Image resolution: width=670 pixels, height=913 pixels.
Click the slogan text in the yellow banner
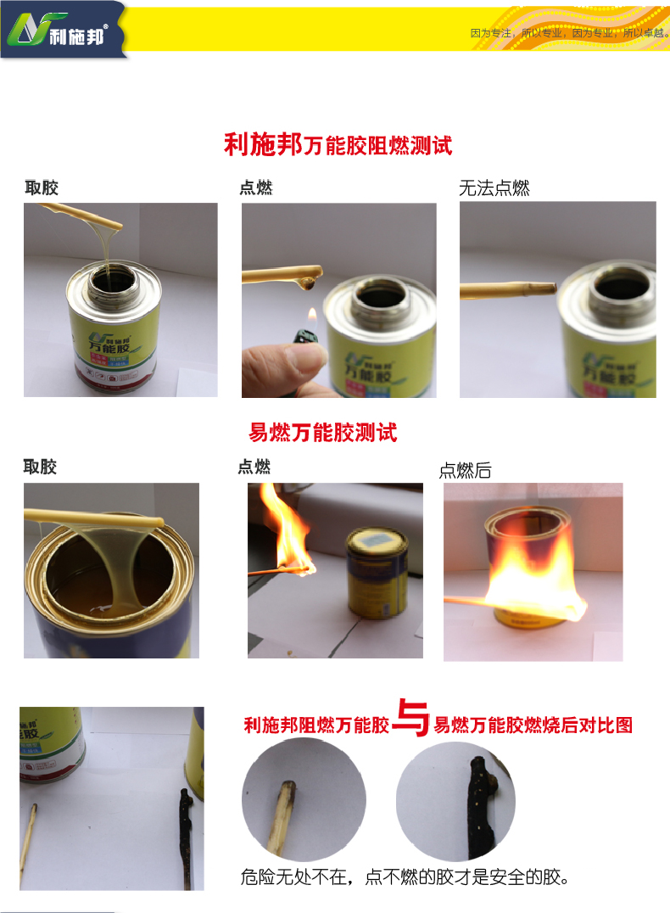(x=569, y=33)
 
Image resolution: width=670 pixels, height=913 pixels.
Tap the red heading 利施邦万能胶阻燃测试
(x=338, y=144)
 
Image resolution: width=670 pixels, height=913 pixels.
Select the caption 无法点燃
(x=494, y=188)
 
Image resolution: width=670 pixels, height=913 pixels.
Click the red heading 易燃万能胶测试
(x=323, y=433)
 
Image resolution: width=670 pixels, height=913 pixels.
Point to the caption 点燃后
(x=465, y=470)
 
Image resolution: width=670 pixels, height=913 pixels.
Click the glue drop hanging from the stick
(x=306, y=284)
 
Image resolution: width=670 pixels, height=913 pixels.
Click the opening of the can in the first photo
(x=114, y=280)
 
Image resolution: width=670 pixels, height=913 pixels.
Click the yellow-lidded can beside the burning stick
(x=376, y=574)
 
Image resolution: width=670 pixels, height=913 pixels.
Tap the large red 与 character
(x=411, y=718)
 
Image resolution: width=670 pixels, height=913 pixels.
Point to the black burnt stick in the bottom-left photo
(x=186, y=837)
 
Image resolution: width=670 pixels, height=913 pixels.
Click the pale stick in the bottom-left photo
(x=27, y=843)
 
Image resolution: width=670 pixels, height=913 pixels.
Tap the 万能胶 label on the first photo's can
(x=109, y=348)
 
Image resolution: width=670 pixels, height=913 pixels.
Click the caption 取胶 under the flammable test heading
(x=40, y=467)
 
